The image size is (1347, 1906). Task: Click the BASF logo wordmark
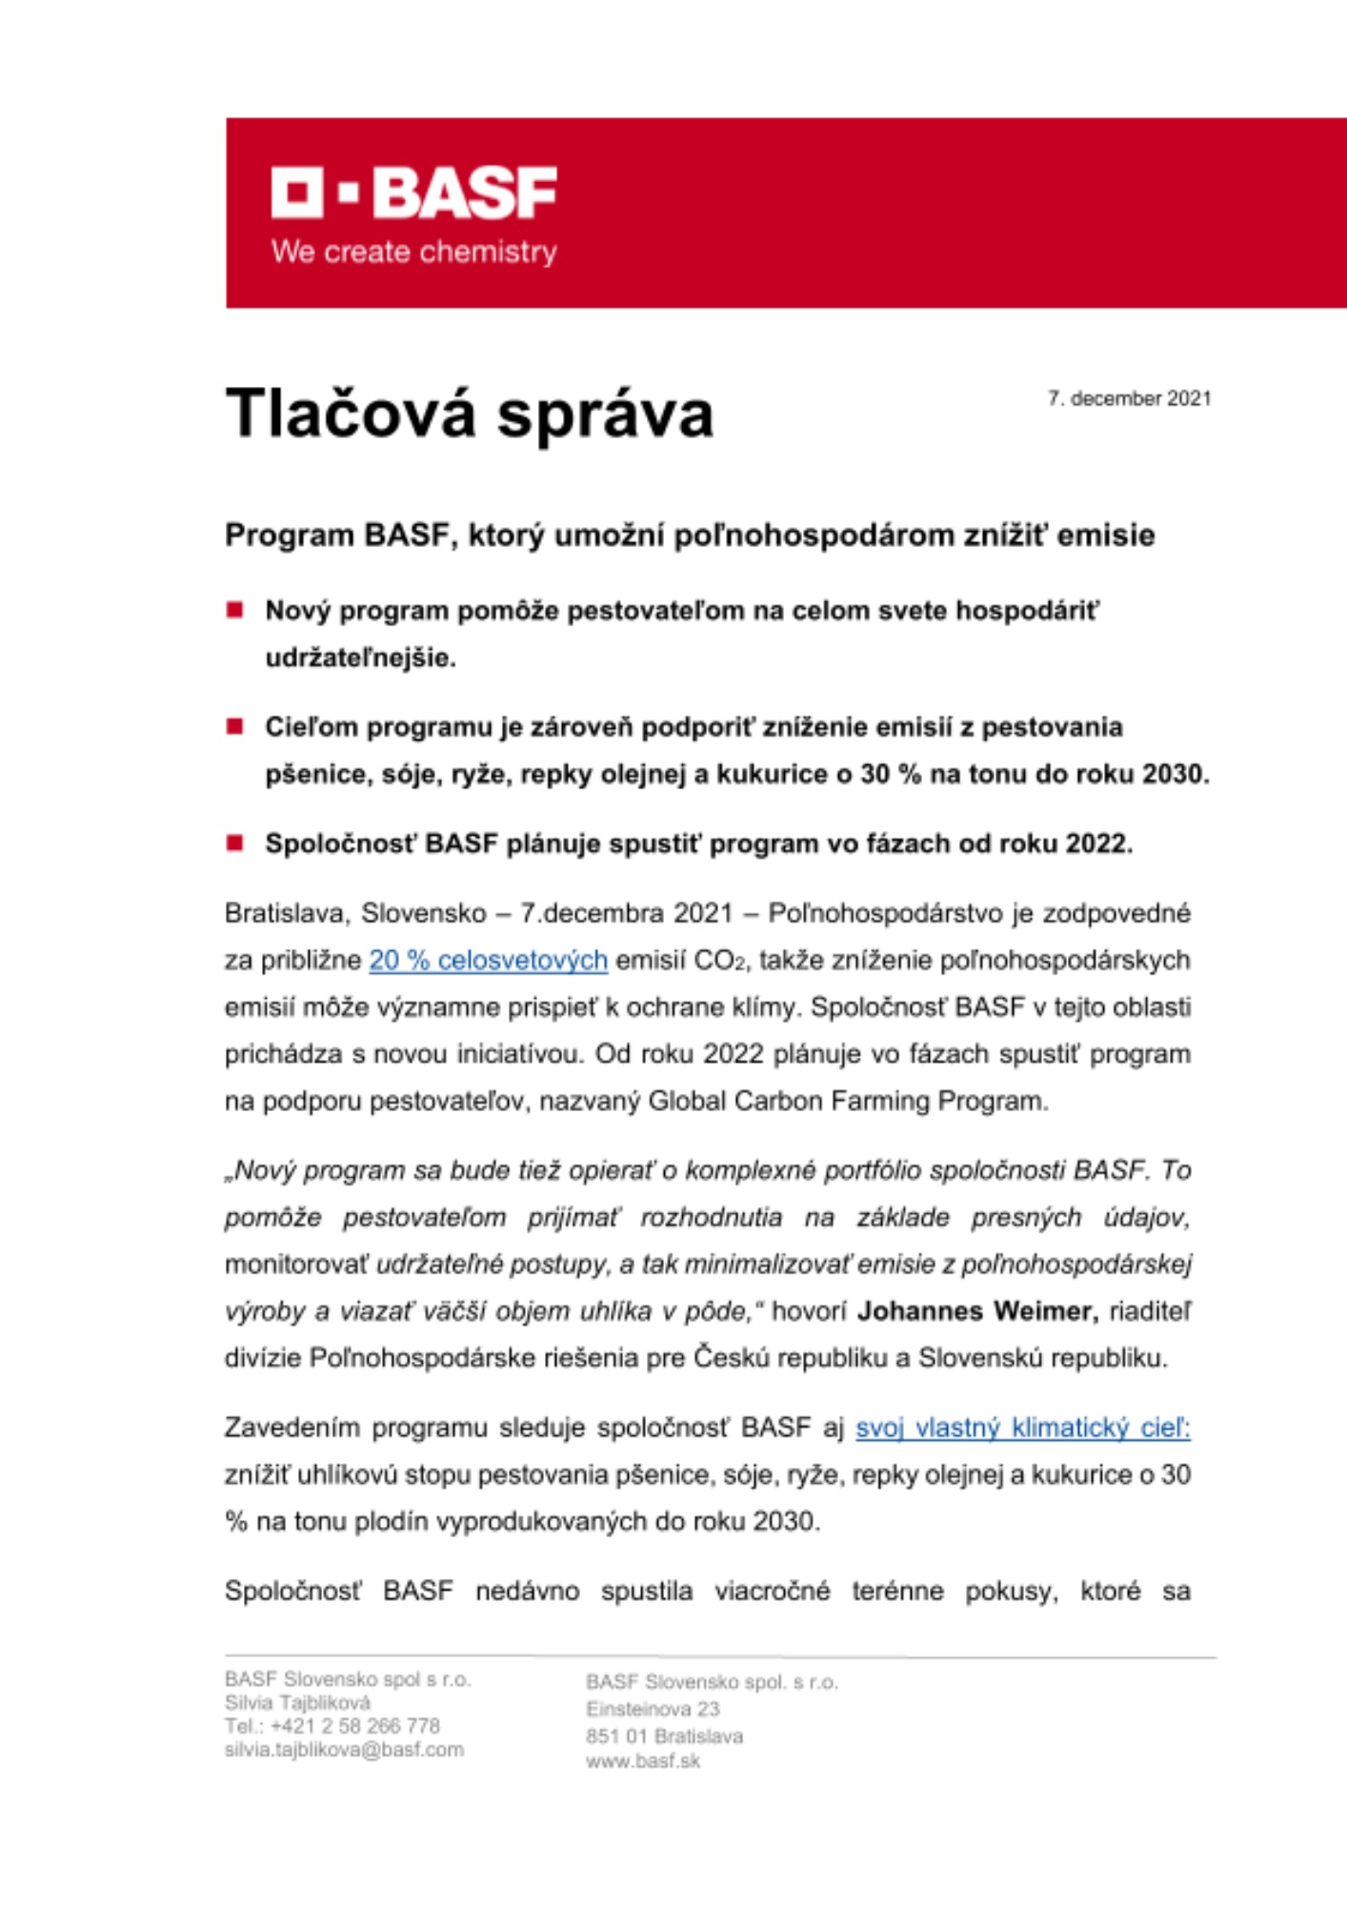(414, 193)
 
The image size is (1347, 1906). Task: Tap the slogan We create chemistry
(414, 253)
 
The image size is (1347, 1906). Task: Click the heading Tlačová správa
(470, 414)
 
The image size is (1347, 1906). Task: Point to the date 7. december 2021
(1129, 398)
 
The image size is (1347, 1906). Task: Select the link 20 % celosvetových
(488, 960)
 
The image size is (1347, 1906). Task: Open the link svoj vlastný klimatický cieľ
(1022, 1428)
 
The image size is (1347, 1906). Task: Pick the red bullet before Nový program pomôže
(235, 610)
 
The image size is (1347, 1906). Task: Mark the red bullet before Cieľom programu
(235, 726)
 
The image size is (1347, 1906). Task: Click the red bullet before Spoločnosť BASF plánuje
(235, 842)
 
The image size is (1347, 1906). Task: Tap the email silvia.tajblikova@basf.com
(344, 1750)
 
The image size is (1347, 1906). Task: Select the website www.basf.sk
(643, 1761)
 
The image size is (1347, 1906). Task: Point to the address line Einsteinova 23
(653, 1709)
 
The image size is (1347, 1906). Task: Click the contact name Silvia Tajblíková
(297, 1702)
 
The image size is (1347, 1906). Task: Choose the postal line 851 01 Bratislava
(664, 1735)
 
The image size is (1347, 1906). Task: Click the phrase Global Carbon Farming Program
(848, 1101)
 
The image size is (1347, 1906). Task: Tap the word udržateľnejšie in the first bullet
(360, 658)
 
